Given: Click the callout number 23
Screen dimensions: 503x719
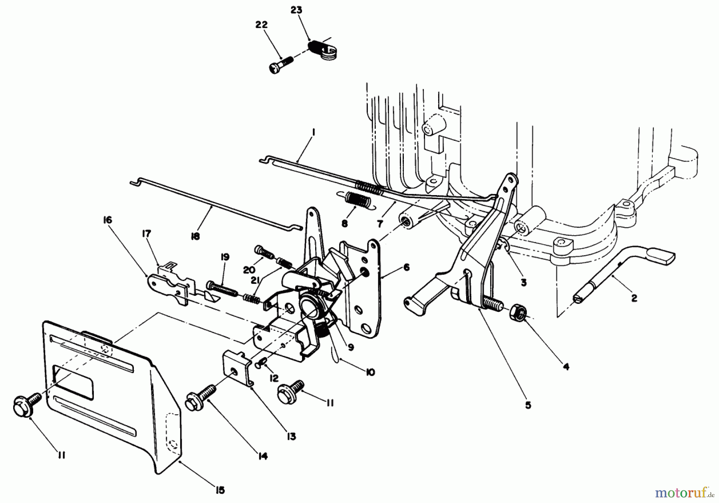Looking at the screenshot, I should pyautogui.click(x=296, y=10).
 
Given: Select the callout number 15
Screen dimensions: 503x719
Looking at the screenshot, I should pyautogui.click(x=220, y=490).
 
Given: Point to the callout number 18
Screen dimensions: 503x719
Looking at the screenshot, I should pyautogui.click(x=195, y=237).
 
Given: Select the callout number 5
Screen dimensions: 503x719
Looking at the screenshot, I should pyautogui.click(x=528, y=405).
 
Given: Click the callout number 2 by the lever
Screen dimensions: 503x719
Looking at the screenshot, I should pyautogui.click(x=634, y=298).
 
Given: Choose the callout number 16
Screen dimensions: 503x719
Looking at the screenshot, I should pyautogui.click(x=107, y=220).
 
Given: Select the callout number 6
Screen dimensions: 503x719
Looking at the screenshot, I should pyautogui.click(x=407, y=267).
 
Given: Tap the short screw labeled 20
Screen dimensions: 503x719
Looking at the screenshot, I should pyautogui.click(x=264, y=251).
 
